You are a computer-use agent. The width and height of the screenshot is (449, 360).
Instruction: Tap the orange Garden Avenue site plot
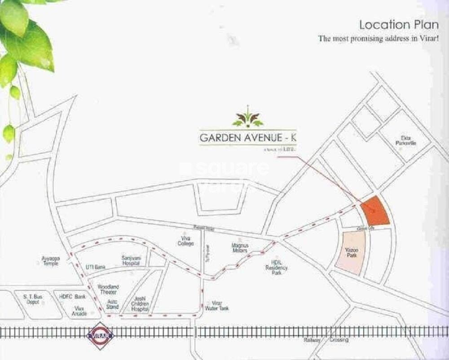point(375,211)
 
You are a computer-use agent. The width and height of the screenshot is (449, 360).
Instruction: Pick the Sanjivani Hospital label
point(131,261)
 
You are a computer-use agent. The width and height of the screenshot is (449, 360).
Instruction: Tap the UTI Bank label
point(95,267)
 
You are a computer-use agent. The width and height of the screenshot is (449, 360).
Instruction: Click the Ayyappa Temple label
point(50,261)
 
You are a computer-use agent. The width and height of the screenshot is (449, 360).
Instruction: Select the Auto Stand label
point(113,304)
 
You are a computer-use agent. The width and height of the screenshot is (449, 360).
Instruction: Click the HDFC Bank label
point(73,297)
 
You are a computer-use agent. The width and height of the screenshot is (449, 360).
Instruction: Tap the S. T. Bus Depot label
point(33,299)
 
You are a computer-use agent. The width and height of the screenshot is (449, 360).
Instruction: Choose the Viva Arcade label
point(79,311)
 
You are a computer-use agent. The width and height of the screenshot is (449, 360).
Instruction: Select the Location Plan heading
point(399,25)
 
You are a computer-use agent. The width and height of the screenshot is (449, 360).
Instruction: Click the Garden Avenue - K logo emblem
point(248,118)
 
